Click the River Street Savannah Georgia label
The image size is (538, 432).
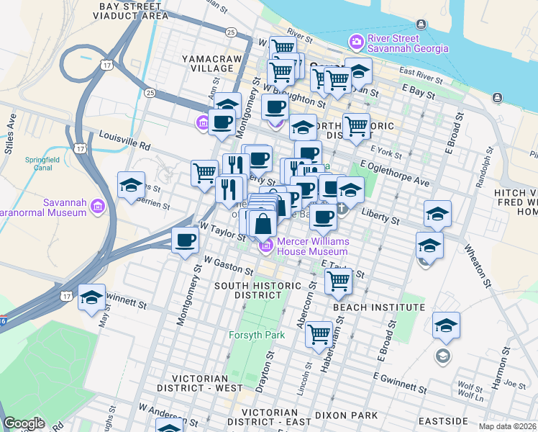408,43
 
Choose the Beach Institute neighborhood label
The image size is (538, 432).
379,307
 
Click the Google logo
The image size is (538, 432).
24,423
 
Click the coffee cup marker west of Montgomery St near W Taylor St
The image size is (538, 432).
186,240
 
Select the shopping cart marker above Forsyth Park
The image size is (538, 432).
319,333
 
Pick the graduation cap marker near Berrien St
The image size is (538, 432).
131,185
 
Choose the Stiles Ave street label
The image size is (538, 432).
11,130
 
